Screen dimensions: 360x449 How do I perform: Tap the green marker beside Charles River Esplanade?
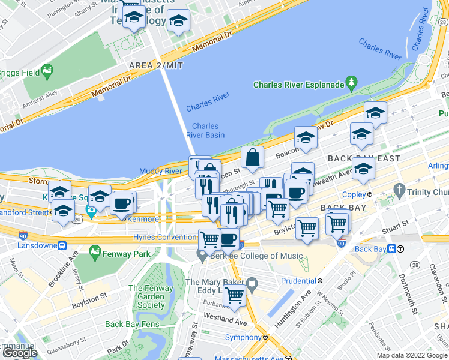[352, 85]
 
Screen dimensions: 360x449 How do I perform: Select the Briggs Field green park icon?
[46, 73]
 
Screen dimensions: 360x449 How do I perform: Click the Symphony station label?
[243, 338]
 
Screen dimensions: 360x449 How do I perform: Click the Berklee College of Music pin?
[202, 256]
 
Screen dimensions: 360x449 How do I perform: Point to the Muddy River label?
[160, 171]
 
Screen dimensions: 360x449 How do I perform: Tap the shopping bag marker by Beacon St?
[253, 158]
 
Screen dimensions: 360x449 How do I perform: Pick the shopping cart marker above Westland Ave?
[234, 296]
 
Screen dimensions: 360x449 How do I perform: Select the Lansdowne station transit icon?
[61, 245]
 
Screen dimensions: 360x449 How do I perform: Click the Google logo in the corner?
[19, 353]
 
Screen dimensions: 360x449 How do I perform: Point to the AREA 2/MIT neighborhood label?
[155, 65]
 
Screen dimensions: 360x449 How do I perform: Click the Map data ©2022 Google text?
[412, 355]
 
